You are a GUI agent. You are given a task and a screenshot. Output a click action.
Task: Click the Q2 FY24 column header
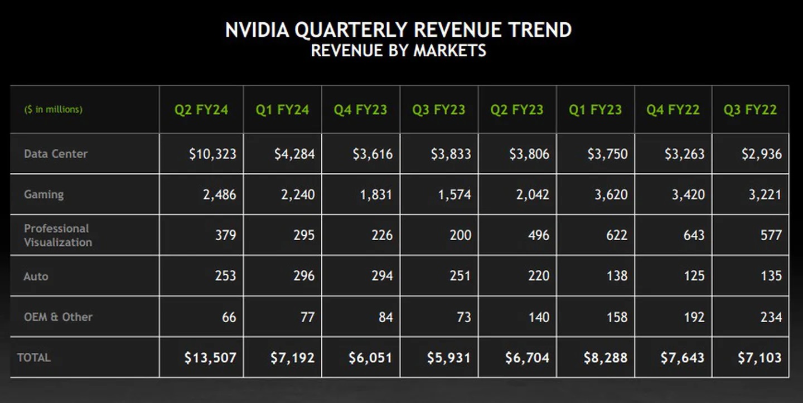pyautogui.click(x=201, y=110)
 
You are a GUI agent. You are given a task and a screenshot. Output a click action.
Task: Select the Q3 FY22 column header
pyautogui.click(x=750, y=110)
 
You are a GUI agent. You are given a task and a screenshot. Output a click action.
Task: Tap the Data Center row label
pyautogui.click(x=56, y=154)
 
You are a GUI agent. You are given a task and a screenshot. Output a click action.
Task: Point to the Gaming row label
pyautogui.click(x=43, y=195)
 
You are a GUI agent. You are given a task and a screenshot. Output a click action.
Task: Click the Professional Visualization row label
pyautogui.click(x=58, y=235)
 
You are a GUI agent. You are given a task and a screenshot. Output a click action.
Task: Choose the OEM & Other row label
pyautogui.click(x=58, y=317)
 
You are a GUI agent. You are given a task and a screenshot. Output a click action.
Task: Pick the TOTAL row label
pyautogui.click(x=34, y=357)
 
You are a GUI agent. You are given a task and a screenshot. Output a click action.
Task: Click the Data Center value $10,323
pyautogui.click(x=212, y=154)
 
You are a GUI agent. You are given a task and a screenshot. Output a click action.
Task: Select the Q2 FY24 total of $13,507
pyautogui.click(x=210, y=357)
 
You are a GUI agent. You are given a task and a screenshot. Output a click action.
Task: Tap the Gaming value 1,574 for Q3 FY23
pyautogui.click(x=454, y=195)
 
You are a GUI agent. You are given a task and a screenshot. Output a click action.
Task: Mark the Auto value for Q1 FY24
pyautogui.click(x=304, y=276)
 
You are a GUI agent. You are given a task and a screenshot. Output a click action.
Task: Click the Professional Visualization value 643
pyautogui.click(x=694, y=235)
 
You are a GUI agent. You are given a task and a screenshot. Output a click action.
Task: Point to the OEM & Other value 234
pyautogui.click(x=771, y=317)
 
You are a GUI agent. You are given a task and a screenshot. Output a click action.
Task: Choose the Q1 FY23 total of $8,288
pyautogui.click(x=606, y=357)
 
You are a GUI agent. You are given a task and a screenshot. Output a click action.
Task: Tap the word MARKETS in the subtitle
pyautogui.click(x=449, y=51)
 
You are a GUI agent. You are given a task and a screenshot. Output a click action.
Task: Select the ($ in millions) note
pyautogui.click(x=53, y=110)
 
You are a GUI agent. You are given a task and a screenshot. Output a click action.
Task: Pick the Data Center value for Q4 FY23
pyautogui.click(x=372, y=154)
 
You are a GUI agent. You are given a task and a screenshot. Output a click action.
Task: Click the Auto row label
pyautogui.click(x=36, y=276)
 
